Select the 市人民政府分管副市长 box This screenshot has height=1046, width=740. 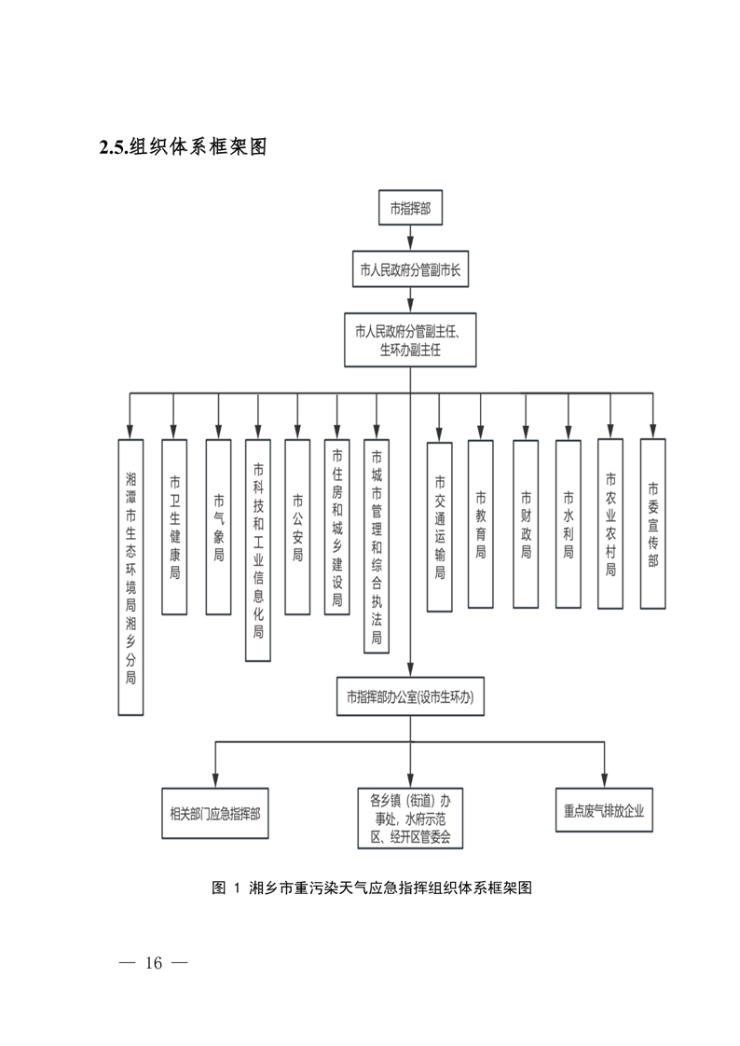pyautogui.click(x=410, y=272)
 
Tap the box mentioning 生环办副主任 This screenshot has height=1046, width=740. pyautogui.click(x=410, y=340)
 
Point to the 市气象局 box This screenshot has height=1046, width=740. pyautogui.click(x=218, y=527)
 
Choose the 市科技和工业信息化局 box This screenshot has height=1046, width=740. pyautogui.click(x=258, y=550)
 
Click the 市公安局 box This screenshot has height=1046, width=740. pyautogui.click(x=297, y=527)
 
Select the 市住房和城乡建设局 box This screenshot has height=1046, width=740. pyautogui.click(x=337, y=527)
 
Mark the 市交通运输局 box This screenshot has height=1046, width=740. pyautogui.click(x=440, y=527)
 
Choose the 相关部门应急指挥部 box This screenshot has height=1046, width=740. pyautogui.click(x=215, y=811)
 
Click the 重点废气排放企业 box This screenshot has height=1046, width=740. pyautogui.click(x=604, y=810)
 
